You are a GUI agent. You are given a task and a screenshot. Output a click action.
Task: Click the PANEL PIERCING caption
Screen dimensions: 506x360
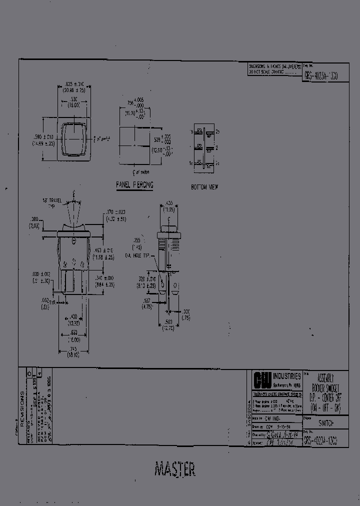tap(134, 185)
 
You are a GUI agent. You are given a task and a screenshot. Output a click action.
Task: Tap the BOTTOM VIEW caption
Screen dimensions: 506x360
tap(204, 186)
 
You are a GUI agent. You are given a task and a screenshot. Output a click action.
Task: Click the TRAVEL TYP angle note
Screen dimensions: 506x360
tap(51, 202)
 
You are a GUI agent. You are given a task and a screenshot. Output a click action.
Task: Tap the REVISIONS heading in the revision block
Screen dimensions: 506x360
tap(22, 400)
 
